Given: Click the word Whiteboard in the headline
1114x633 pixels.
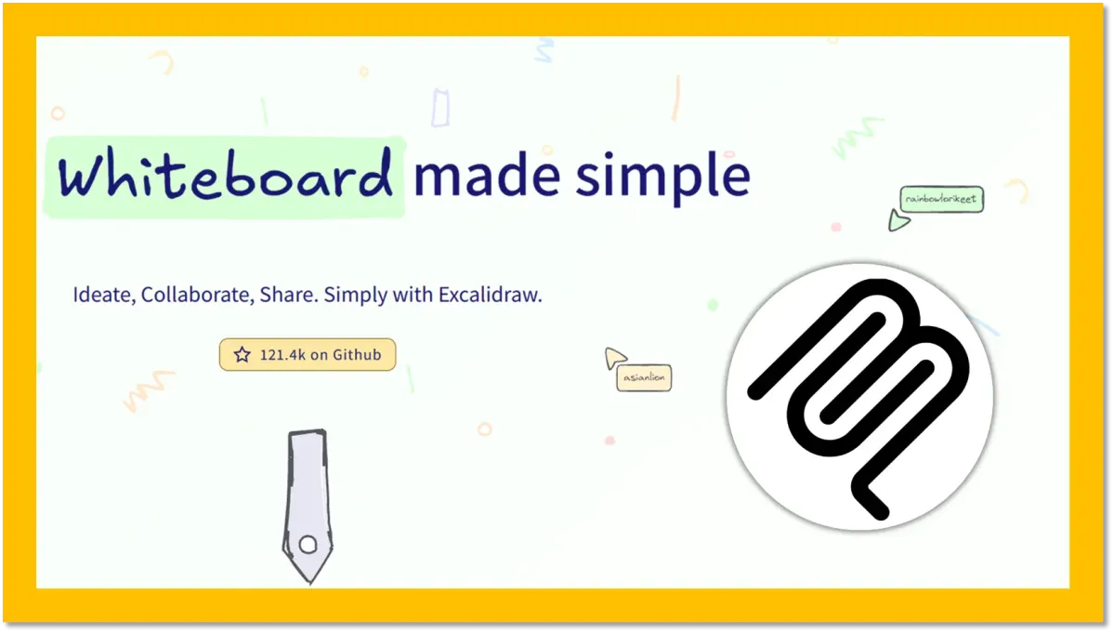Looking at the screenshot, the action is (x=225, y=174).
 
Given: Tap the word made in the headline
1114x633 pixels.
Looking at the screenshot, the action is (x=487, y=175).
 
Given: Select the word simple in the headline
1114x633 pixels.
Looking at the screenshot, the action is (x=662, y=177).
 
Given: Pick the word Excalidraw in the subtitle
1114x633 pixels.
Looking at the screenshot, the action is (x=491, y=295).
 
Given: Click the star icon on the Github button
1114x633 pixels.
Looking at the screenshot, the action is (x=242, y=354).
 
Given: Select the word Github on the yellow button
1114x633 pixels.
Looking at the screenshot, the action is (x=358, y=354).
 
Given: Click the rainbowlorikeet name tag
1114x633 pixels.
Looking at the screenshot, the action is (x=941, y=199).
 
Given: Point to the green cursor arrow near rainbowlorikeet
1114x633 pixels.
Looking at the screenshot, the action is (x=898, y=221).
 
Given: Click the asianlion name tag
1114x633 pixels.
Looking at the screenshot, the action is (x=644, y=377).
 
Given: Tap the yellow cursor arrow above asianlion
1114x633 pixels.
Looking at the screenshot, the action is (x=614, y=357).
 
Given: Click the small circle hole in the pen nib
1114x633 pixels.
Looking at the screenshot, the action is (x=308, y=544).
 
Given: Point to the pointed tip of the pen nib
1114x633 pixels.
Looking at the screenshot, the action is (x=309, y=583).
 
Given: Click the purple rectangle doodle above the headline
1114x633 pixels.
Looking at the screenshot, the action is (x=440, y=108).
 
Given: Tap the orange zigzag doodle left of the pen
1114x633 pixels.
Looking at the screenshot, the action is (x=148, y=389).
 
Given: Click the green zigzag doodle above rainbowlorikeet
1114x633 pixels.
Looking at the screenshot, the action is (x=858, y=137).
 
